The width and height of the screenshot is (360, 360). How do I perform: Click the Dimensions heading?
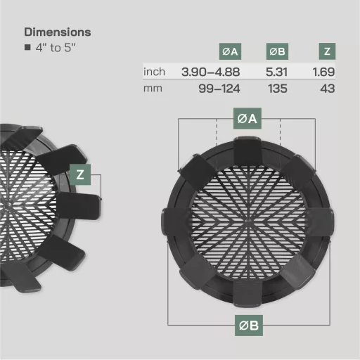pos(57,32)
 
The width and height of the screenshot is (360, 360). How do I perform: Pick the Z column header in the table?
pos(326,51)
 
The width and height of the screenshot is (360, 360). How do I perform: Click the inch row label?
pos(155,72)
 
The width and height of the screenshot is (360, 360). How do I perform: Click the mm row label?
pos(153,89)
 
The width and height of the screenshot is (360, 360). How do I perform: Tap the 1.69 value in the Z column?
pos(323,72)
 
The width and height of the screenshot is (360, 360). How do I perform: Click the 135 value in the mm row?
pos(278,89)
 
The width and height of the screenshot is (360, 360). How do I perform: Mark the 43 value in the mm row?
pos(326,89)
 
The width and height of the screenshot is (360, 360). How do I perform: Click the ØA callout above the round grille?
pos(248,119)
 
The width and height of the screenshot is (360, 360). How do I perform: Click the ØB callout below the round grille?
pos(248,325)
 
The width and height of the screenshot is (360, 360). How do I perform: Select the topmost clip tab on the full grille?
pos(249,152)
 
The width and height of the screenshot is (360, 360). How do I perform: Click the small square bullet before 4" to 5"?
pos(27,49)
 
